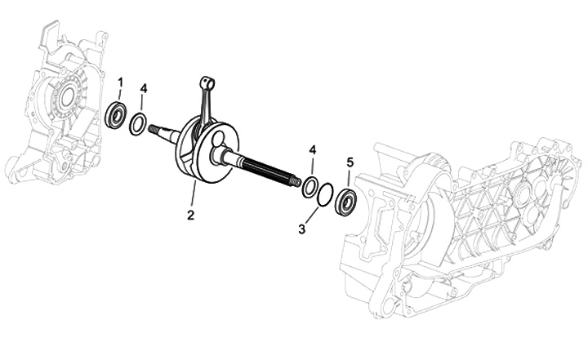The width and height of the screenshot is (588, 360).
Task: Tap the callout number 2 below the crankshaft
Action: click(189, 216)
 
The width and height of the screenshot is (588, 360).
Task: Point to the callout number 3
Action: click(302, 229)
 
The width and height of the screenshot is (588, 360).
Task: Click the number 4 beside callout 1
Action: click(144, 87)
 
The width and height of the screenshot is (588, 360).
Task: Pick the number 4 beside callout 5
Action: click(312, 150)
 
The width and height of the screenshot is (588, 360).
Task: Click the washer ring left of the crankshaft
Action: click(139, 124)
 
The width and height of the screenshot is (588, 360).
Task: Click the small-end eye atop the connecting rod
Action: click(207, 82)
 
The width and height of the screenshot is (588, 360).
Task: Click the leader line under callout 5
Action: click(350, 177)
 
